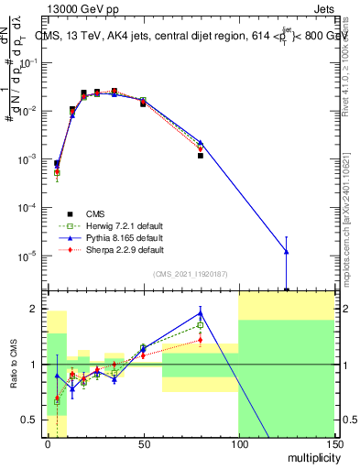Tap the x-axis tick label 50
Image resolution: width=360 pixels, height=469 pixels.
[x=142, y=443]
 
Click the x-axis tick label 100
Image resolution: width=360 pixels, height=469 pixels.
[x=238, y=443]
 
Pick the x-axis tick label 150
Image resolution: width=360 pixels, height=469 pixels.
[x=333, y=443]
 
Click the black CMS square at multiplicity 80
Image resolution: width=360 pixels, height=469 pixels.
[x=200, y=156]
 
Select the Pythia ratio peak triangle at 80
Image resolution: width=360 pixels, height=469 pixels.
[x=200, y=313]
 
